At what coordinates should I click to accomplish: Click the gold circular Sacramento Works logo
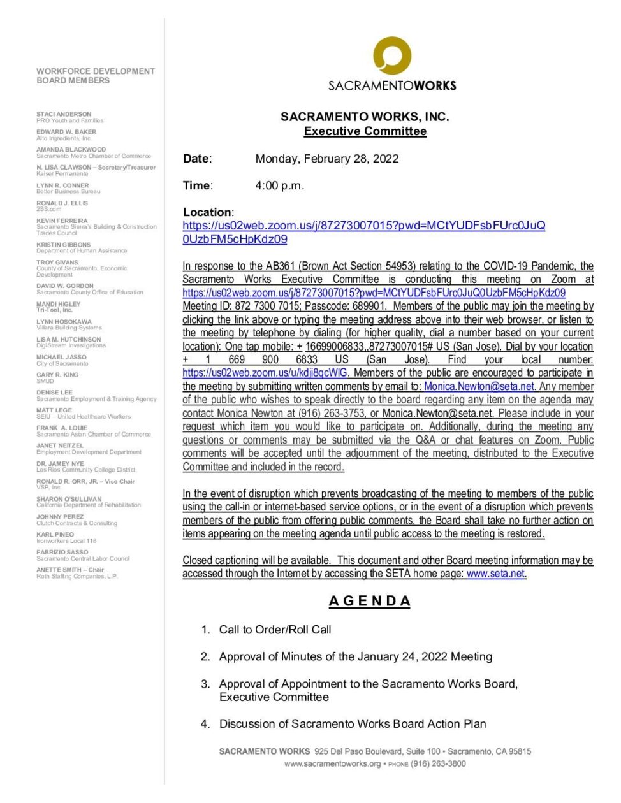[x=391, y=56]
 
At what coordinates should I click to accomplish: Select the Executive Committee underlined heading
[x=365, y=131]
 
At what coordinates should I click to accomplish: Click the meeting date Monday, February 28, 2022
[x=326, y=159]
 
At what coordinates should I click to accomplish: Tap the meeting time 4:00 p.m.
[x=279, y=185]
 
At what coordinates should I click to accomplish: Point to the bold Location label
[x=208, y=212]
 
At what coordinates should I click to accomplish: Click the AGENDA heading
[x=370, y=601]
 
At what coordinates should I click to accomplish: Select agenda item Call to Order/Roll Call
[x=275, y=630]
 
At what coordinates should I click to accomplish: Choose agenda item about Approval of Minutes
[x=355, y=656]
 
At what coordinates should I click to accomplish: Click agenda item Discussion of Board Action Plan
[x=352, y=724]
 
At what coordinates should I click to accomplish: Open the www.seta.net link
[x=496, y=574]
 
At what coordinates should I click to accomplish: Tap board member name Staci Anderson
[x=64, y=114]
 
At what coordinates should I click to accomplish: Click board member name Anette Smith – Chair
[x=70, y=570]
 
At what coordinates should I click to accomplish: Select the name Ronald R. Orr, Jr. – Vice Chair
[x=85, y=481]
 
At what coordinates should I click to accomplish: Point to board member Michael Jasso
[x=61, y=357]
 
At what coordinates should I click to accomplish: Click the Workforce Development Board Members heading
[x=95, y=76]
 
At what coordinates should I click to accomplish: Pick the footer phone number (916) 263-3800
[x=438, y=763]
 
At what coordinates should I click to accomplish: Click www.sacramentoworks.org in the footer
[x=332, y=763]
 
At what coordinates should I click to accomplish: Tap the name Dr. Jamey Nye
[x=60, y=463]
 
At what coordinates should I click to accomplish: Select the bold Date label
[x=196, y=159]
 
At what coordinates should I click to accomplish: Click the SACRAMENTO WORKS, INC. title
[x=365, y=117]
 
